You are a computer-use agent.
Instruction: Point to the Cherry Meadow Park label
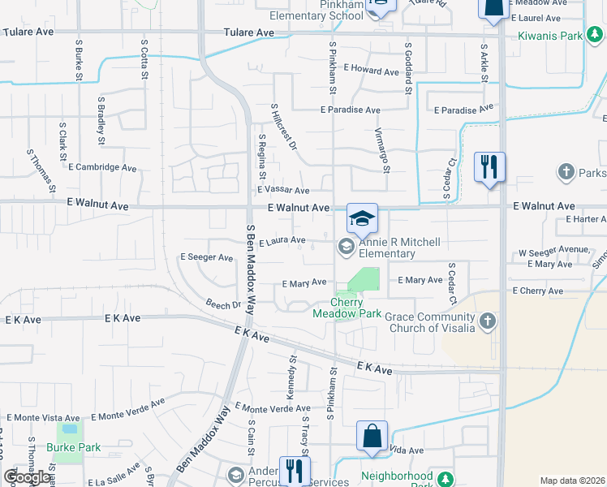pyautogui.click(x=346, y=308)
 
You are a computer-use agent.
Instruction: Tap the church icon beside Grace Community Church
pyautogui.click(x=487, y=321)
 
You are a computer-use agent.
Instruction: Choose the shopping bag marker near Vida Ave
pyautogui.click(x=372, y=437)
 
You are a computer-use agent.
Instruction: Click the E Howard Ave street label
pyautogui.click(x=371, y=71)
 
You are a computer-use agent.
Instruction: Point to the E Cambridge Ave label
pyautogui.click(x=102, y=167)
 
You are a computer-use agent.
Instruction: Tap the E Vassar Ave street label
pyautogui.click(x=283, y=191)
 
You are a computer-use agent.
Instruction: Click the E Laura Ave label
pyautogui.click(x=282, y=241)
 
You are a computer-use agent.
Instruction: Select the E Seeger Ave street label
pyautogui.click(x=206, y=257)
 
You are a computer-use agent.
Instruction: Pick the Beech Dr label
pyautogui.click(x=224, y=305)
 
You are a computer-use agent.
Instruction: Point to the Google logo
pyautogui.click(x=27, y=477)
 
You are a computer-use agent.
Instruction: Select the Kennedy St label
pyautogui.click(x=291, y=377)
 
